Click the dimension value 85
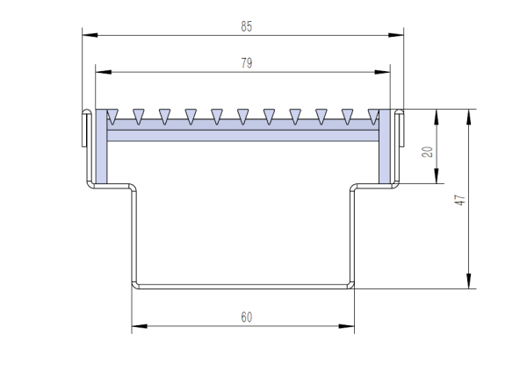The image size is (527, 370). (x=246, y=26)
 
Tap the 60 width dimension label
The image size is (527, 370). (x=246, y=317)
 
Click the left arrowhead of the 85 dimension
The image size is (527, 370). (x=87, y=36)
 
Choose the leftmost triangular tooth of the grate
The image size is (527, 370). (x=112, y=114)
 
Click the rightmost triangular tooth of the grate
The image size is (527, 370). (x=373, y=114)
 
